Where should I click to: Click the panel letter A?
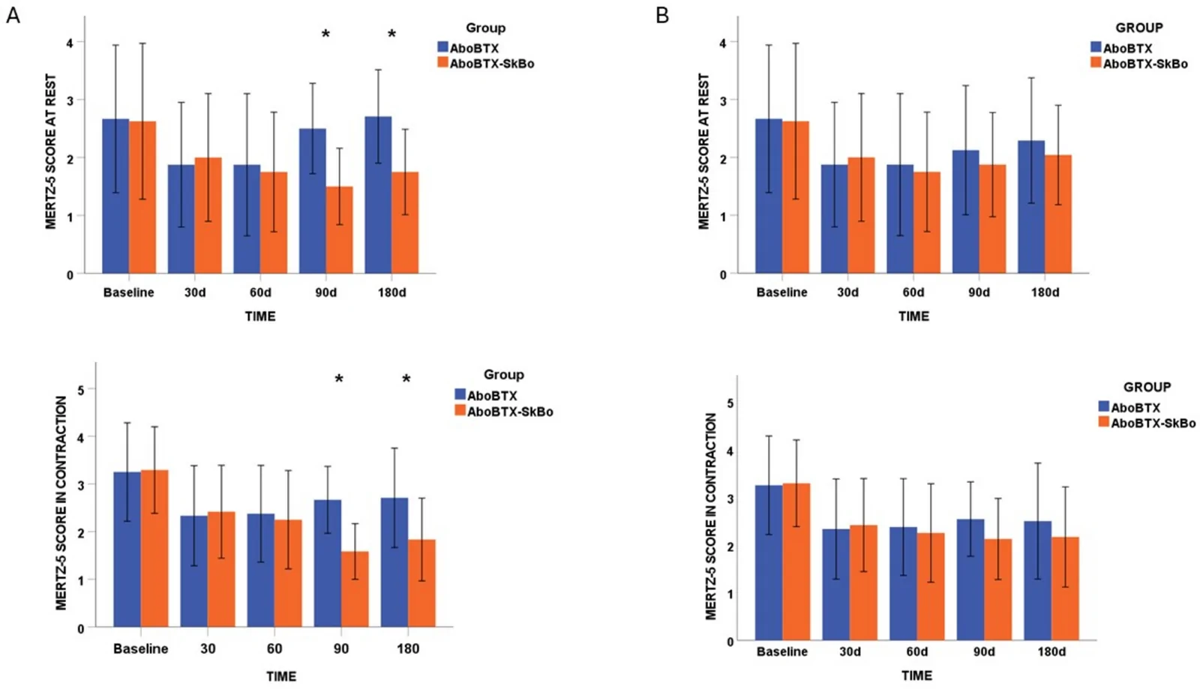point(13,15)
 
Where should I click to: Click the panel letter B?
point(662,15)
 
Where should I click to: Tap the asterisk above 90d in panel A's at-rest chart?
point(325,35)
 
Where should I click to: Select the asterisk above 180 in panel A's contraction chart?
point(406,379)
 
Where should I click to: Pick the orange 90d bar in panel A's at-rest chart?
point(340,230)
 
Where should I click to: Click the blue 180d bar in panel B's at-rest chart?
point(1031,207)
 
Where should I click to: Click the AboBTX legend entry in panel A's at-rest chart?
point(468,48)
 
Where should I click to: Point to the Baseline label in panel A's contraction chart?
point(141,649)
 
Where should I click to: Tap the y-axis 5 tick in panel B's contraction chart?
point(730,403)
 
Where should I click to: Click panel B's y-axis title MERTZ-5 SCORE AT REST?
point(704,151)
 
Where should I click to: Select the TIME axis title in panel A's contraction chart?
point(281,677)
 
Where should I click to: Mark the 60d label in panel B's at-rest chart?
point(913,292)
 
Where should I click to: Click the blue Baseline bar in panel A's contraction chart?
point(127,550)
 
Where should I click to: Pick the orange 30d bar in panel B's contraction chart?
point(863,583)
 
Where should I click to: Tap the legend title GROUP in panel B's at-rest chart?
point(1139,27)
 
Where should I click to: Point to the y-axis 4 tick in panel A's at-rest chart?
point(70,43)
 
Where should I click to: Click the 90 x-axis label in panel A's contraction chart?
point(341,649)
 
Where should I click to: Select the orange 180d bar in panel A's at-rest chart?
point(405,223)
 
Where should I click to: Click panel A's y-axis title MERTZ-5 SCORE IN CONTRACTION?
point(61,503)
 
